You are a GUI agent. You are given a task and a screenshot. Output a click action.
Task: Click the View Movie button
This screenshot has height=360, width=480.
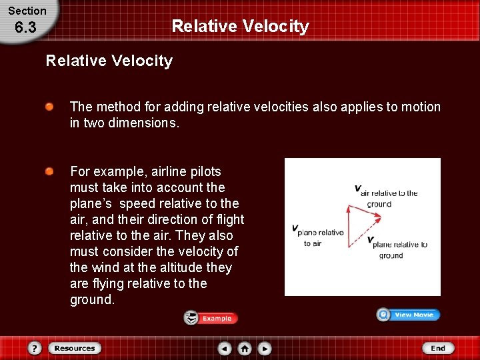tap(408, 315)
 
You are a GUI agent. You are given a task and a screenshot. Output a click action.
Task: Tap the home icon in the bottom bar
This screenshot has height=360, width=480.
tap(245, 348)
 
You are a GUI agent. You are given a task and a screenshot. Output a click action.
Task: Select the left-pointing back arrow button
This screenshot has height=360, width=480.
tap(225, 348)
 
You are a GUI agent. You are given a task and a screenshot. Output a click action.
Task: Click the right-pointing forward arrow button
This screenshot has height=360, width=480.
tap(265, 348)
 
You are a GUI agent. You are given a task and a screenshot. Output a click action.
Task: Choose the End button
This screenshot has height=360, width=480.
tap(437, 348)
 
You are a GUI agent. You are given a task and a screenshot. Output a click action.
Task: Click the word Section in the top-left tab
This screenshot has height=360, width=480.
tap(27, 11)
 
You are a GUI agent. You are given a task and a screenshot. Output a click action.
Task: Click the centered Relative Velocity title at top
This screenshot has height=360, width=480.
tap(240, 26)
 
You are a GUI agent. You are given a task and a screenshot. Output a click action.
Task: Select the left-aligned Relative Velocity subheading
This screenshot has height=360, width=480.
tap(109, 61)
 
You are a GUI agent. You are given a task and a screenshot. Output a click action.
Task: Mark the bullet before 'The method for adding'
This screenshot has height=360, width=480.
tap(50, 107)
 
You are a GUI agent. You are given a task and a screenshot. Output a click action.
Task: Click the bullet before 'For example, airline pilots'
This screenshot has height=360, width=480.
tap(50, 171)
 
